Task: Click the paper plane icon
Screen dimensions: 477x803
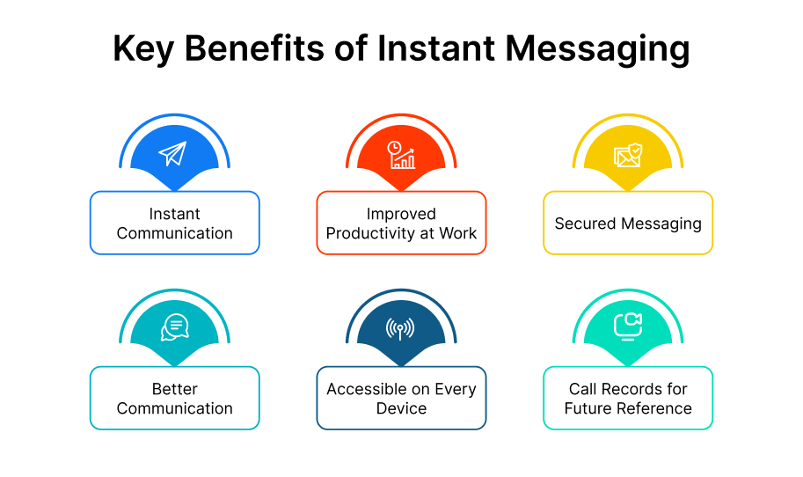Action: click(173, 155)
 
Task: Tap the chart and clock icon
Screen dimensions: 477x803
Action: click(401, 155)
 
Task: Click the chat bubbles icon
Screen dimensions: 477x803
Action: click(174, 327)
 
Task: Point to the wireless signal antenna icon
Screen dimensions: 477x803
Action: click(401, 328)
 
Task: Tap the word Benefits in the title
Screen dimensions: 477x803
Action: click(259, 50)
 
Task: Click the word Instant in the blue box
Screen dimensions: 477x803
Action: click(174, 214)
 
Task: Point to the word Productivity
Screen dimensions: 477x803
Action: click(371, 233)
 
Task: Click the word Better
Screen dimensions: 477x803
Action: click(174, 389)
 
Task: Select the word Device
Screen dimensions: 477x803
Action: click(401, 408)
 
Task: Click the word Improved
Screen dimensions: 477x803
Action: click(401, 214)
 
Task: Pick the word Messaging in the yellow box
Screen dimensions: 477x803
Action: click(662, 224)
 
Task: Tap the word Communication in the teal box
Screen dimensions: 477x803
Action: click(174, 408)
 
